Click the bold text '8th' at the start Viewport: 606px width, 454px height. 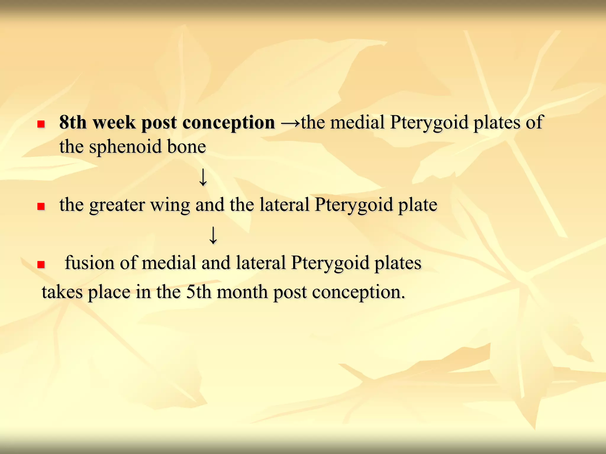[73, 122]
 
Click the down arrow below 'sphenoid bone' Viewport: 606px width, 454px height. [203, 177]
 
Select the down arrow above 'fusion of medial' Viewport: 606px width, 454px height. [213, 235]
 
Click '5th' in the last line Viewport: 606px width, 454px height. [199, 292]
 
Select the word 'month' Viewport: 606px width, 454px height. [242, 292]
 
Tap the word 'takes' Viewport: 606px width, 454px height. [62, 292]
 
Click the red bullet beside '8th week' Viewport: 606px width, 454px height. [41, 124]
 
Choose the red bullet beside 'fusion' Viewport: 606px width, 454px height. [41, 264]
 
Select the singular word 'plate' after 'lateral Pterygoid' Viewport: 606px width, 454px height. [418, 205]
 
